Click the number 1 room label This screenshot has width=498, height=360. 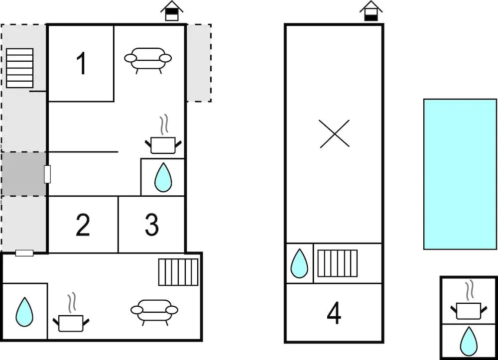(x=81, y=64)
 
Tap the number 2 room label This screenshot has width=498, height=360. (x=83, y=225)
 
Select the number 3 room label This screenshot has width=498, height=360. (x=151, y=225)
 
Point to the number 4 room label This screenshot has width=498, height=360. (x=334, y=313)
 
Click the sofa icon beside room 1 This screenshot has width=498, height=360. (x=148, y=60)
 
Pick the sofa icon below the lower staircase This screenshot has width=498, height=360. (x=154, y=312)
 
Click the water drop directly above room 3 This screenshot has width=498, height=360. (x=163, y=177)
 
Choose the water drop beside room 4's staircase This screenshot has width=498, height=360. (x=299, y=263)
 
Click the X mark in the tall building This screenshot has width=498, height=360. (x=334, y=134)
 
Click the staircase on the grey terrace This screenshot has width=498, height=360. (x=20, y=68)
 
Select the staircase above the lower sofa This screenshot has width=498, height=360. (x=178, y=272)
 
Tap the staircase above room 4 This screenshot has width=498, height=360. (x=338, y=263)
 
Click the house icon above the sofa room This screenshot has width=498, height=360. (x=172, y=11)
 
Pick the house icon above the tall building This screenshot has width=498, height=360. (x=371, y=11)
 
